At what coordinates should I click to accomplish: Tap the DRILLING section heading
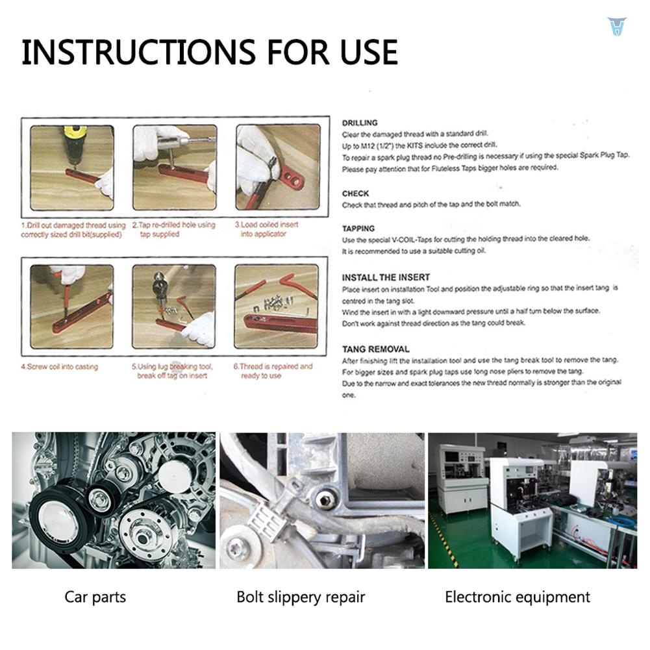pyautogui.click(x=359, y=123)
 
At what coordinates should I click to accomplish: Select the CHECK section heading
pyautogui.click(x=355, y=194)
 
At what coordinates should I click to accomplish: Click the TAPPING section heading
pyautogui.click(x=358, y=229)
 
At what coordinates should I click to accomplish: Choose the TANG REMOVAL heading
pyautogui.click(x=375, y=349)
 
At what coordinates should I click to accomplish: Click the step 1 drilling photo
pyautogui.click(x=71, y=168)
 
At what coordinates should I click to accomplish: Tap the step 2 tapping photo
pyautogui.click(x=174, y=168)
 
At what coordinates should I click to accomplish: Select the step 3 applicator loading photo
pyautogui.click(x=277, y=168)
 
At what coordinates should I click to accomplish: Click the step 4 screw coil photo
pyautogui.click(x=71, y=306)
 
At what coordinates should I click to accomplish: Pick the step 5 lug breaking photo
pyautogui.click(x=173, y=306)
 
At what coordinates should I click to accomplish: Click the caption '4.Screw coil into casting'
pyautogui.click(x=59, y=367)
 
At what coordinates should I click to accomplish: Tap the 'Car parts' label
pyautogui.click(x=95, y=597)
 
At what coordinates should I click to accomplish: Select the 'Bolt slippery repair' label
pyautogui.click(x=301, y=597)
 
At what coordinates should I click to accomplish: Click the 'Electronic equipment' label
pyautogui.click(x=518, y=597)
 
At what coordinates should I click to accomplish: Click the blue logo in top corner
pyautogui.click(x=614, y=26)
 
